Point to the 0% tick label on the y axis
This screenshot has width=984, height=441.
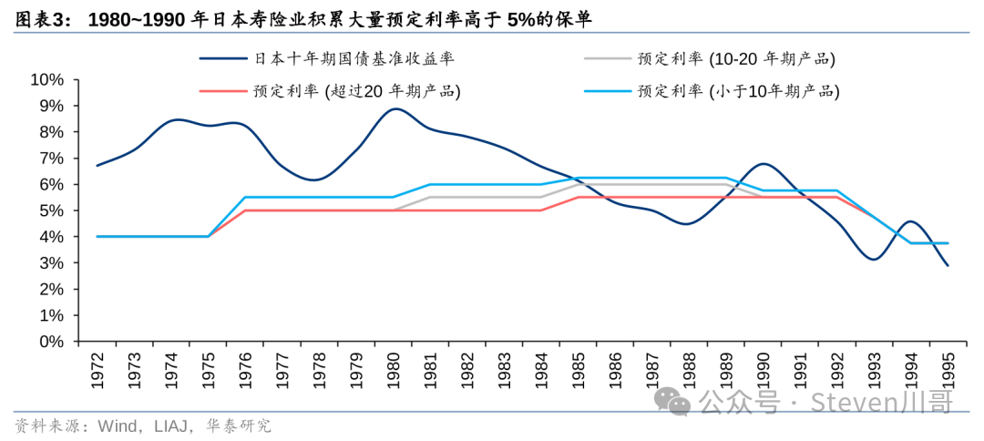click(51, 342)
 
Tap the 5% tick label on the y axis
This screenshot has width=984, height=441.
click(51, 210)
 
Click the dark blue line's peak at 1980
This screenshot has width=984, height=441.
click(395, 109)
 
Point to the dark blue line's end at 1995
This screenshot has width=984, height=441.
click(948, 265)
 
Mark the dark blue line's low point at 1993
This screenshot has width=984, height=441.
click(875, 260)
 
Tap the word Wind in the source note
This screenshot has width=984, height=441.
click(97, 426)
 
